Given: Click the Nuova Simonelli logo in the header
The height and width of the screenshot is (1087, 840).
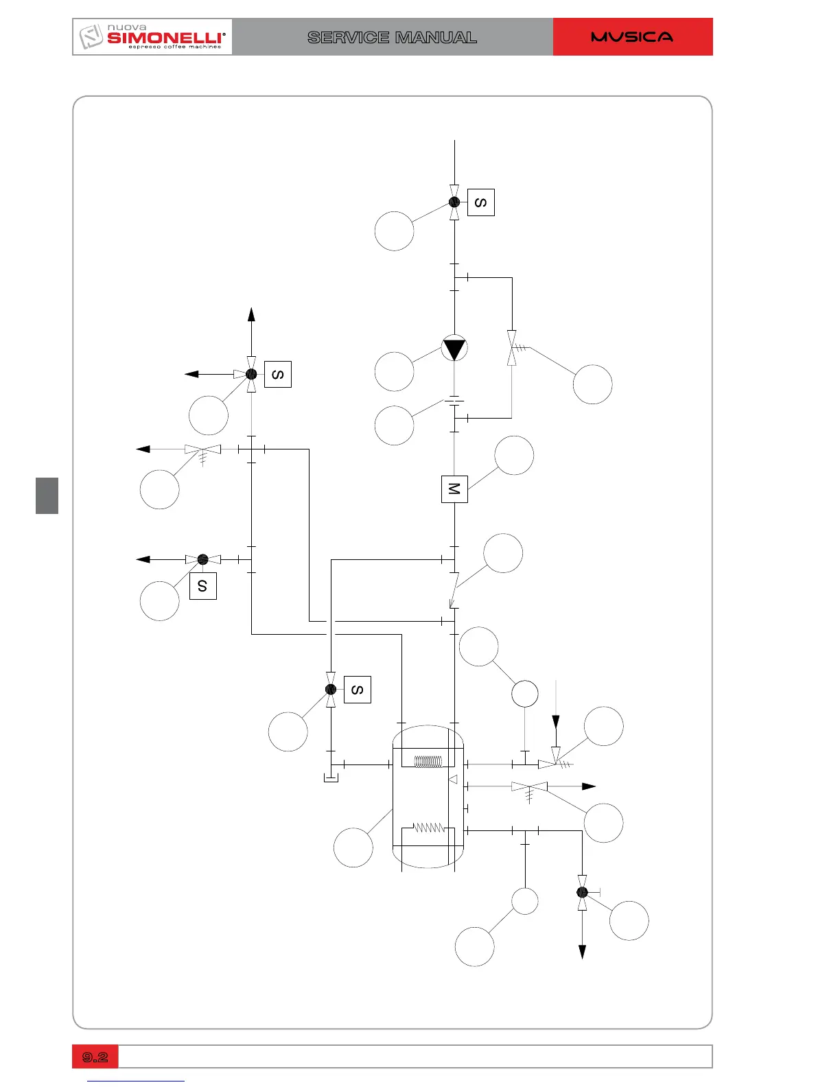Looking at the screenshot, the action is [152, 37].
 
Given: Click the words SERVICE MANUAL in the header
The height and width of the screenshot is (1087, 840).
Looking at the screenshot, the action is [392, 38].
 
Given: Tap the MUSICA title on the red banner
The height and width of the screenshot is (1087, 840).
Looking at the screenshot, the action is [632, 37].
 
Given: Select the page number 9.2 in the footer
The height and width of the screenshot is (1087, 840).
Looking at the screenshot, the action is [95, 1057].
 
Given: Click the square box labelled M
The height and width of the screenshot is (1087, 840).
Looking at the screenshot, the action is [454, 489].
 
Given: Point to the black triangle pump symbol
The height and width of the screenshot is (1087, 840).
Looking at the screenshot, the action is [454, 349].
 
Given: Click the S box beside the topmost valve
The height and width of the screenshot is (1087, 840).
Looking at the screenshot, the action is [481, 202].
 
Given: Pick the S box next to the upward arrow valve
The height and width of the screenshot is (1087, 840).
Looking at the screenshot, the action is [278, 374].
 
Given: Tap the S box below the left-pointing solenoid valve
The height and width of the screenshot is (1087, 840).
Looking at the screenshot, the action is [202, 586].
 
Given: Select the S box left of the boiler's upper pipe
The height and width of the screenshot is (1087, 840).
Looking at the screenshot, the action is [357, 690].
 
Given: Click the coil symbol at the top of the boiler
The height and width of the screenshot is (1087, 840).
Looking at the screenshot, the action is [429, 762].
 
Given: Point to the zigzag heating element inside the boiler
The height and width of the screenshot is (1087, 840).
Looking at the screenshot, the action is [429, 828].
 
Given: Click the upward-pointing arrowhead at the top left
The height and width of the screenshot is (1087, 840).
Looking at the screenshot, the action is [252, 314].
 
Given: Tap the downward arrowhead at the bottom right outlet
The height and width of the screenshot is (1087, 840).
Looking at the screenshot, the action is [582, 952].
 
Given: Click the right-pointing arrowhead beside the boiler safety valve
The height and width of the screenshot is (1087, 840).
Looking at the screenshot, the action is [590, 786].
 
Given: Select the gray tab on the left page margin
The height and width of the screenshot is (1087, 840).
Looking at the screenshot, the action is [47, 495].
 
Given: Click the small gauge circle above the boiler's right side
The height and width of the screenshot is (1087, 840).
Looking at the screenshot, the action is [525, 694].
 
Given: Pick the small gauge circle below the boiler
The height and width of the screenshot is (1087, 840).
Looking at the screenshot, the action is [525, 901].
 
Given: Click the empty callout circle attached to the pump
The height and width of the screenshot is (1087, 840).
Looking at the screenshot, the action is [395, 371].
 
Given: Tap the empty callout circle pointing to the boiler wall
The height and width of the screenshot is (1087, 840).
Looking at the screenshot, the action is [353, 848].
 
